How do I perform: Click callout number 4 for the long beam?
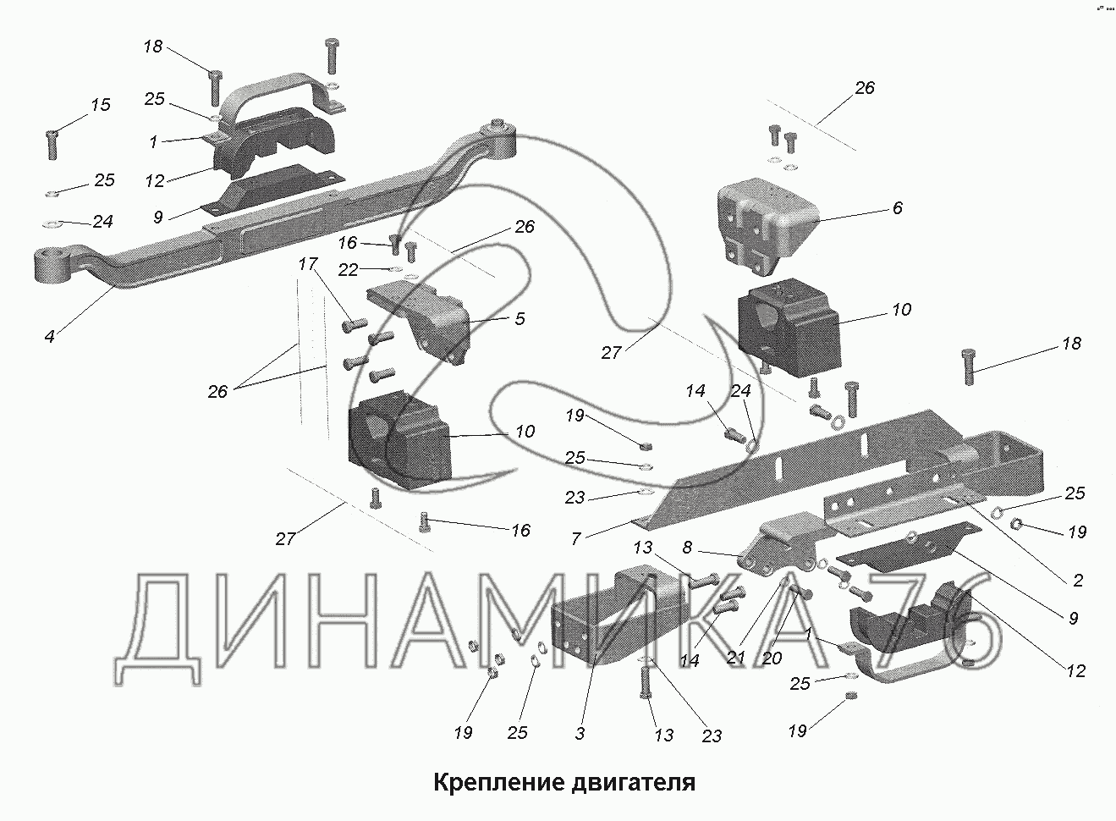click(x=51, y=337)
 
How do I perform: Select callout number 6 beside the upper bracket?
click(x=898, y=207)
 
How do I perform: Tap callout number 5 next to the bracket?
click(x=520, y=318)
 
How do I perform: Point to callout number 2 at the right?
click(x=1078, y=581)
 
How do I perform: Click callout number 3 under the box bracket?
click(x=580, y=734)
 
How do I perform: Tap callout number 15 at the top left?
click(x=100, y=105)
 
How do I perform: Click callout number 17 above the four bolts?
click(x=306, y=264)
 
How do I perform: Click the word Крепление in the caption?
click(x=492, y=782)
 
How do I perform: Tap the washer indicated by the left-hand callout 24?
click(x=48, y=224)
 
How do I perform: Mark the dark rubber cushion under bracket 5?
click(x=399, y=440)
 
